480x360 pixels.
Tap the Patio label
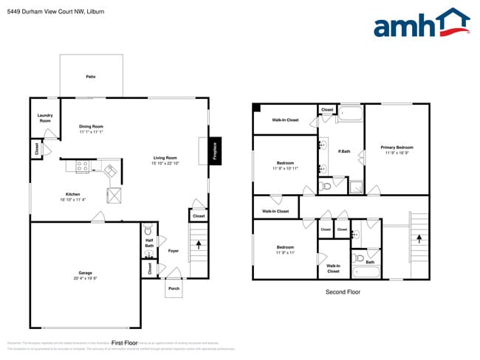coord(91,77)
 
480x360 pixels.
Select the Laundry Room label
coord(45,118)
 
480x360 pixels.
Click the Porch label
coord(174,288)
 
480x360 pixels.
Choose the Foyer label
coord(174,251)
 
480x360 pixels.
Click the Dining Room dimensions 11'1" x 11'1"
coord(91,131)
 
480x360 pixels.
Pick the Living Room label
coord(165,158)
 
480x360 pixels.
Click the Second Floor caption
coord(343,292)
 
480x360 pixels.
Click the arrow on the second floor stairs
coord(419,238)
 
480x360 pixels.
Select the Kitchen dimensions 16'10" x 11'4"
coord(74,200)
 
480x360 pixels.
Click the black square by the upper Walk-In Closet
coord(258,108)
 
